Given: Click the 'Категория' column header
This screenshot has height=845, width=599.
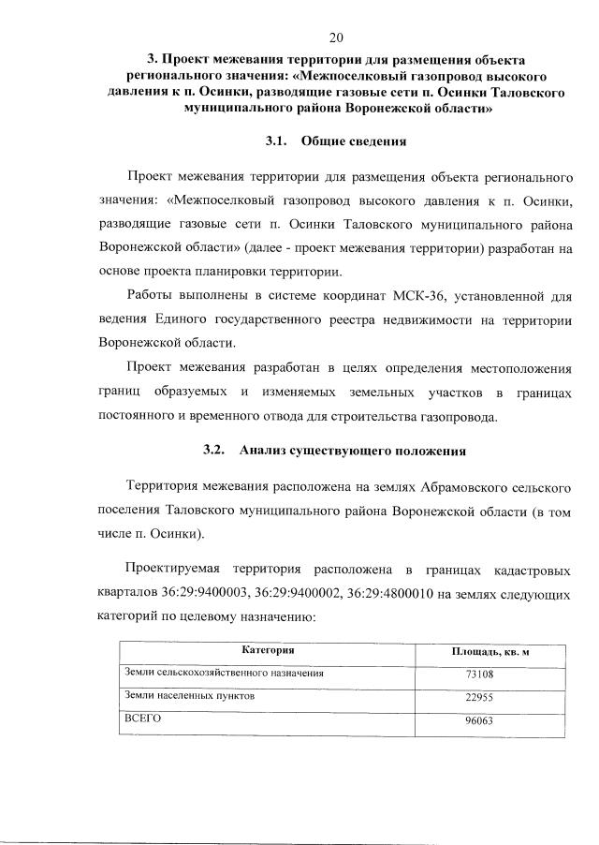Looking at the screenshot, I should [x=269, y=649].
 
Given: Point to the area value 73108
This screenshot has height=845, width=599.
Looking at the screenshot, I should [x=479, y=675].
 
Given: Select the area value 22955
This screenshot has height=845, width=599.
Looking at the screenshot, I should [x=479, y=698].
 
